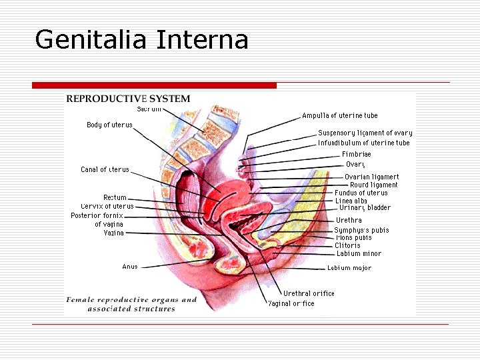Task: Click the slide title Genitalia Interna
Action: [141, 39]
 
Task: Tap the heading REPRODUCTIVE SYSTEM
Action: [128, 99]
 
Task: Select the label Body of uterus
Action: [109, 125]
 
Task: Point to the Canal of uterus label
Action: [105, 169]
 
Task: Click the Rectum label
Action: [115, 197]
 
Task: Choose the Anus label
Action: [130, 267]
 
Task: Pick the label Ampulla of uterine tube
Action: [339, 116]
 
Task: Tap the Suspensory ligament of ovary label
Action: [365, 133]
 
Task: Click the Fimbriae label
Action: [356, 154]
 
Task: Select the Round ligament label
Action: [373, 185]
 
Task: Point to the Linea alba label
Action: [351, 201]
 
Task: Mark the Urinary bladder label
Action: [365, 208]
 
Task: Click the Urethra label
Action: [349, 220]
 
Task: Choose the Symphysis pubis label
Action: [361, 230]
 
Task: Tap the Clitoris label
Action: [347, 245]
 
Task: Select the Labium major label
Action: [349, 268]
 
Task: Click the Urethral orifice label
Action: [309, 293]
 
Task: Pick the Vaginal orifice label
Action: [291, 303]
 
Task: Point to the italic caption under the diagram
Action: [132, 304]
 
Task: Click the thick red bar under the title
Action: [154, 85]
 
